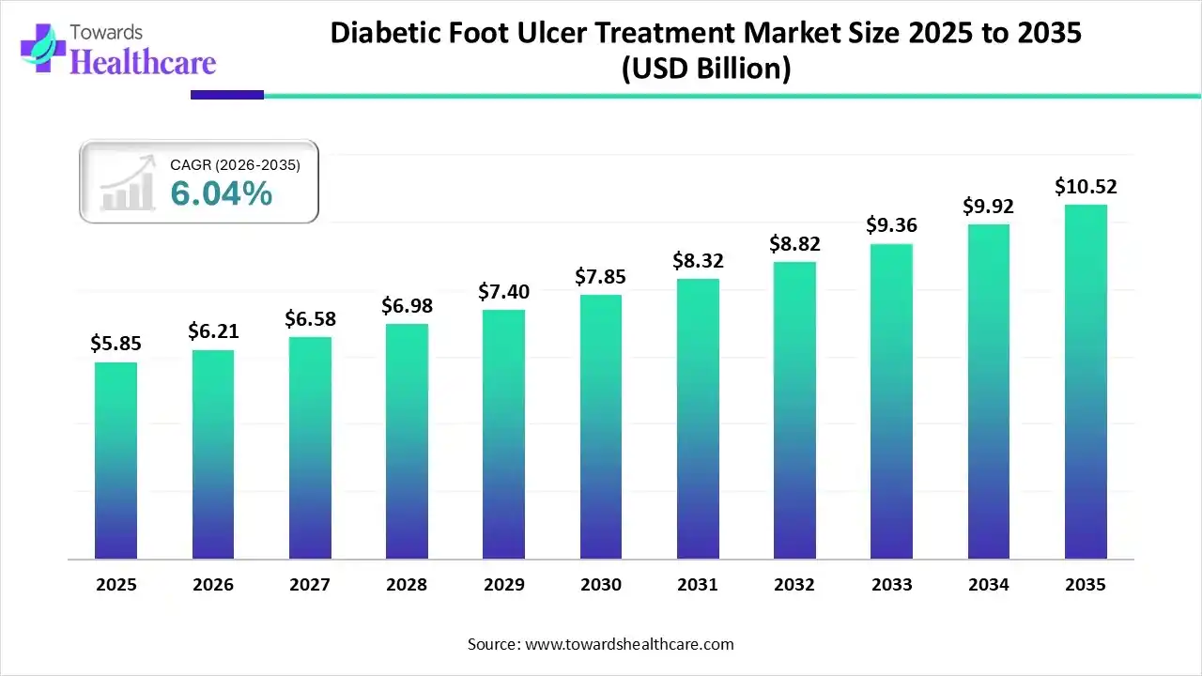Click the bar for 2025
tap(116, 460)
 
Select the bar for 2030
tap(601, 426)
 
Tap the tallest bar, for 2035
tap(1086, 381)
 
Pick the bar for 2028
tap(407, 441)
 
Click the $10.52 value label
tap(1086, 187)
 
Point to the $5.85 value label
tap(116, 344)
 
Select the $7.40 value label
tap(503, 292)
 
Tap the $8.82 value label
tap(794, 244)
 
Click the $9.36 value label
tap(892, 225)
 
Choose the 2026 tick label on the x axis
tap(213, 585)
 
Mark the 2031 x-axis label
tap(698, 585)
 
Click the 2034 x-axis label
tap(989, 585)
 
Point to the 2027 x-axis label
tap(310, 585)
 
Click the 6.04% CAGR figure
tap(222, 193)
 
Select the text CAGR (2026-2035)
tap(235, 165)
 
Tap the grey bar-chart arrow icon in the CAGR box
tap(128, 185)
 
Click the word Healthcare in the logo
tap(143, 62)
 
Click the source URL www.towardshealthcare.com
tap(627, 644)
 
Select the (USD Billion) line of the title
tap(706, 69)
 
